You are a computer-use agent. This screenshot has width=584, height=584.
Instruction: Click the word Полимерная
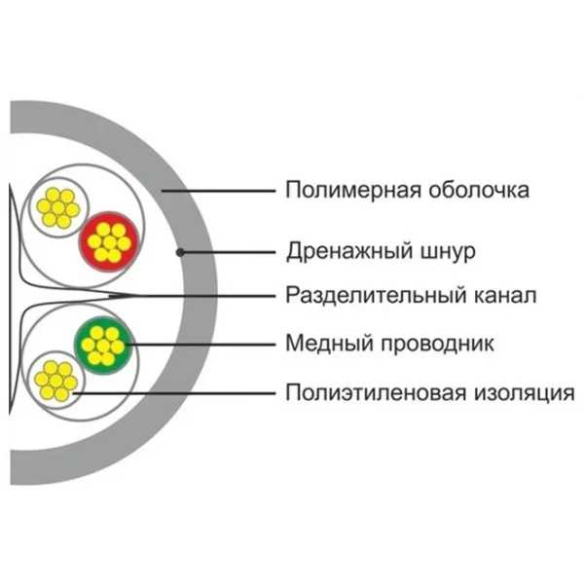click(353, 191)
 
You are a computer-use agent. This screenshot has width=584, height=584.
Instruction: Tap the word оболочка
click(479, 190)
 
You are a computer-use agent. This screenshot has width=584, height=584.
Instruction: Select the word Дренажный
click(349, 252)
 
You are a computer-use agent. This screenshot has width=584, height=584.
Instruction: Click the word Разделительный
click(376, 295)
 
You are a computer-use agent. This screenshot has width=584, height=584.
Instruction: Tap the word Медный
click(329, 343)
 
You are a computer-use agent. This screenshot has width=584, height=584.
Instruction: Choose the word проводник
click(437, 344)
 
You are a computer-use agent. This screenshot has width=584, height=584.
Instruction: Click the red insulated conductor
click(109, 241)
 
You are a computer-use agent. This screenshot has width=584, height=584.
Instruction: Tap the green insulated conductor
click(103, 346)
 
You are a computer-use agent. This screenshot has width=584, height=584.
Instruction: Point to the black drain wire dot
click(180, 252)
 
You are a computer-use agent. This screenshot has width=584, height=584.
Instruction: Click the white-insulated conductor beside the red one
click(58, 207)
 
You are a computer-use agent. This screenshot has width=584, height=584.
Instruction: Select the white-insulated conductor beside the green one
click(56, 381)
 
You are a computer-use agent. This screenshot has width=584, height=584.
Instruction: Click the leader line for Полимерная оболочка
click(218, 191)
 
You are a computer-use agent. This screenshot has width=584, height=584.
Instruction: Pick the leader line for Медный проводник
click(201, 345)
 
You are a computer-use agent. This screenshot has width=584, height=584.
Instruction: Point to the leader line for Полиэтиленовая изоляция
click(173, 393)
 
